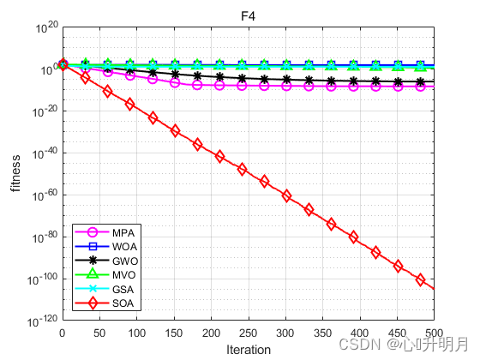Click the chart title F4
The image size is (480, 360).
(248, 16)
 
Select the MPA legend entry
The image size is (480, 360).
(105, 232)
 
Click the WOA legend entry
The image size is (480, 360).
(106, 247)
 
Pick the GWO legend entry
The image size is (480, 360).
(106, 261)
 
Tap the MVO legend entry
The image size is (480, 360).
(105, 274)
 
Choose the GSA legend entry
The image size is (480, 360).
(105, 289)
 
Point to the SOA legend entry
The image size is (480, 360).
(105, 303)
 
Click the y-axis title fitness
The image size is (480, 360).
(15, 173)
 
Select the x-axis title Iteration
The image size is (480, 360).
(249, 350)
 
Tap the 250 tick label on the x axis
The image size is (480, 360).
(249, 333)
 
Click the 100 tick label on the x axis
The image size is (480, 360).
(137, 333)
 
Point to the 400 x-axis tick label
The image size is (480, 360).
(360, 333)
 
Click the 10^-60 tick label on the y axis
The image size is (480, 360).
(45, 195)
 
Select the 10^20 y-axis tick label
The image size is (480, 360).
(46, 27)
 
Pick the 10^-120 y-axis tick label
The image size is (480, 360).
(42, 321)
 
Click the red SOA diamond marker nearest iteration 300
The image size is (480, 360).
(286, 196)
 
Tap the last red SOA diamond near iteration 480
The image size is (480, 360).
(420, 279)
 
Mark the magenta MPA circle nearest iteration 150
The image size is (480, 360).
(175, 82)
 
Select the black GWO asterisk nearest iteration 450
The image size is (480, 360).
(398, 81)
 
